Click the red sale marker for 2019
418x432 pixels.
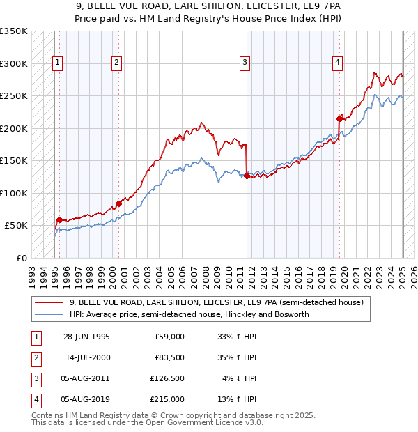tap(339, 118)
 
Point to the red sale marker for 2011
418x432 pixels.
tap(247, 176)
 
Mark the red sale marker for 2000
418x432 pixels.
tap(118, 203)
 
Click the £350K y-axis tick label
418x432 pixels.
tap(14, 31)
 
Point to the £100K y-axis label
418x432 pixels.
tap(14, 193)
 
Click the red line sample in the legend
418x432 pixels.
tap(49, 303)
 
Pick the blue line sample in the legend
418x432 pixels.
tap(49, 314)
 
